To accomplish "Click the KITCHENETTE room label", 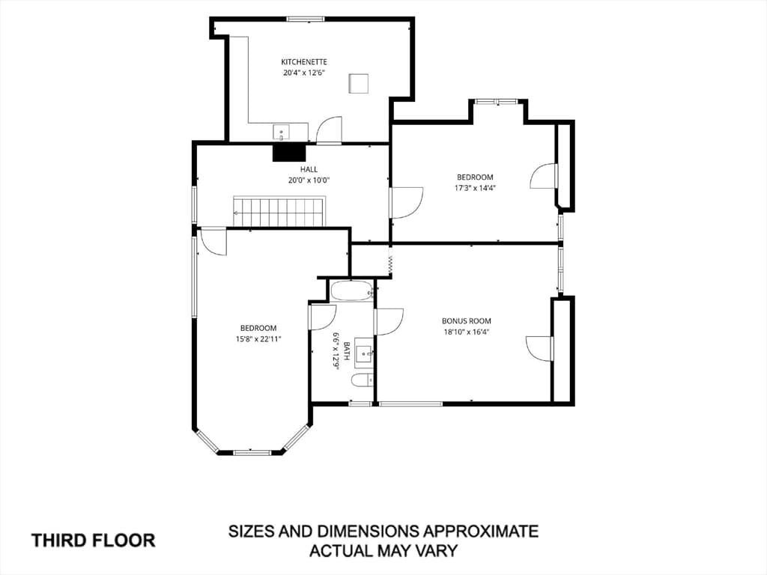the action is tap(304, 62).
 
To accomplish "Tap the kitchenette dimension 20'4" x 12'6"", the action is tap(304, 73).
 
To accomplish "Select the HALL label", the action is tap(309, 169).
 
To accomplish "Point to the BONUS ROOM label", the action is tap(466, 321).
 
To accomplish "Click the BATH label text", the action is tap(346, 351).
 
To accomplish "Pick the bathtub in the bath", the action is tap(352, 291).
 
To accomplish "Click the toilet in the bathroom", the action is tap(363, 380).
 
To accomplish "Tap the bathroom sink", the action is tap(364, 350).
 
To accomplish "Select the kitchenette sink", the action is tap(282, 132).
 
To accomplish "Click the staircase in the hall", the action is tap(279, 212).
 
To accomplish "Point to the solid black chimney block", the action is tap(289, 153).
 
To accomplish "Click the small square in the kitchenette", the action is tap(359, 83).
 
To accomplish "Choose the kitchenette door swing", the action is tap(329, 130).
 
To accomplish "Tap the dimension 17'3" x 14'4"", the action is tap(474, 188).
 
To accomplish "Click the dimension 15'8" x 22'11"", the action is tap(258, 339).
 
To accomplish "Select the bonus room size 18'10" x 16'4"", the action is tap(466, 332).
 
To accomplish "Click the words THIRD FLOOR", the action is tap(94, 541).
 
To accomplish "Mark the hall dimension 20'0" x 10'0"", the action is tap(309, 180).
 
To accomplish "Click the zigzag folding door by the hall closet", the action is tap(390, 264).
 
